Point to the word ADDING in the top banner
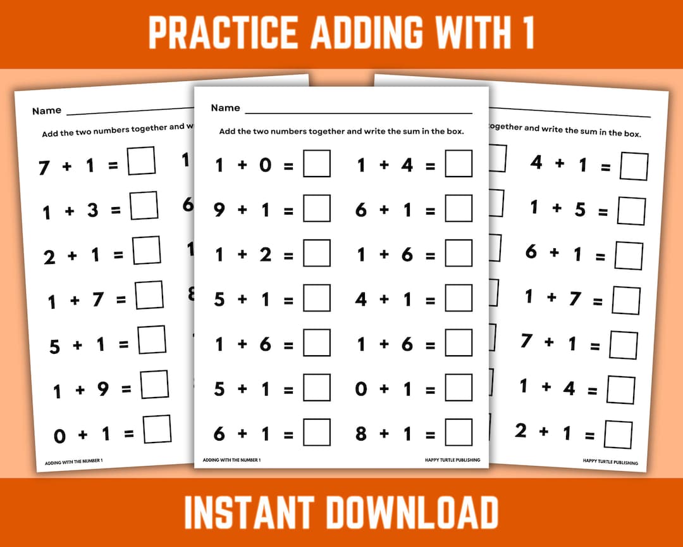coord(367,33)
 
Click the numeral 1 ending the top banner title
coord(528,33)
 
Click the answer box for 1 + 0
coord(316,164)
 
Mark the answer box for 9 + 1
coord(316,208)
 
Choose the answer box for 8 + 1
coord(458,432)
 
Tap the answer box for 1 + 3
coord(144,206)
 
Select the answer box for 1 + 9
coord(154,384)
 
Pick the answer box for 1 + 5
coord(631,211)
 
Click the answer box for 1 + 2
coord(316,253)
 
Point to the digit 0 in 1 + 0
coord(266,166)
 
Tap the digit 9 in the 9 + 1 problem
coord(219,210)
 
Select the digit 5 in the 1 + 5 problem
coord(579,210)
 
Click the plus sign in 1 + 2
coord(242,255)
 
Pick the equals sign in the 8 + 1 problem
coord(430,435)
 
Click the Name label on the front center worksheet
coord(225,108)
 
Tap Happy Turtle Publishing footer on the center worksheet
coord(453,460)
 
